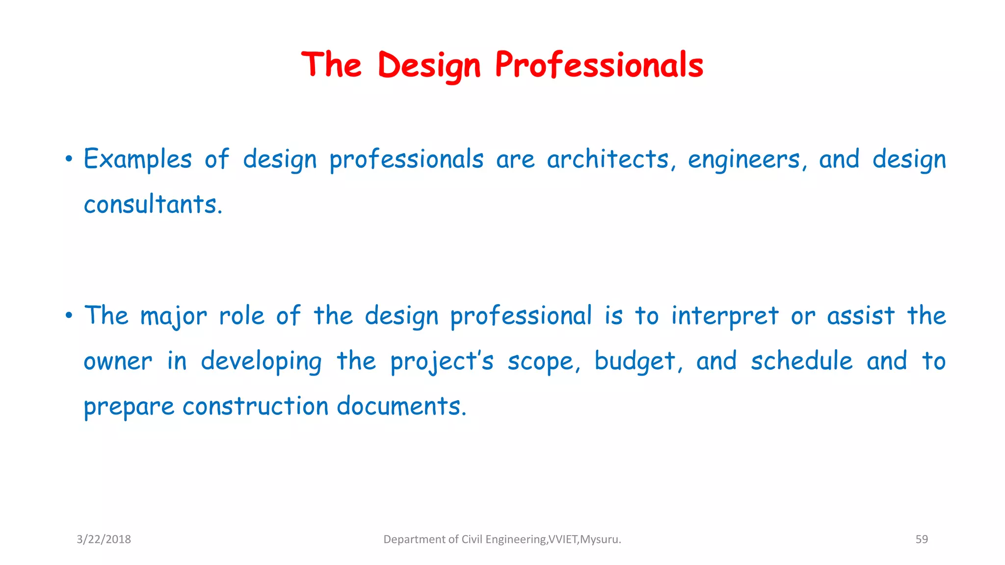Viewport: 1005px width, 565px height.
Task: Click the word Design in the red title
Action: click(x=429, y=65)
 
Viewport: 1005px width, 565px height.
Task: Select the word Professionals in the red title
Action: click(x=599, y=65)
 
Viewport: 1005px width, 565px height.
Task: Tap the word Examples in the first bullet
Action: click(x=137, y=159)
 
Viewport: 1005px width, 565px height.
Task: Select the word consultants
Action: click(x=153, y=205)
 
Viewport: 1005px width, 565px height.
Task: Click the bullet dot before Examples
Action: click(x=69, y=159)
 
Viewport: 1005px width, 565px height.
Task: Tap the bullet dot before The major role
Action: click(x=69, y=315)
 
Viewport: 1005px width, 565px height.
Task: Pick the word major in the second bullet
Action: click(x=174, y=316)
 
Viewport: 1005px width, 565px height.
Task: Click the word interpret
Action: click(x=725, y=316)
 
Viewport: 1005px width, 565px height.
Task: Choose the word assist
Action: click(x=861, y=315)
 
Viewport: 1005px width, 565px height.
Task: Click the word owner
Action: click(x=118, y=362)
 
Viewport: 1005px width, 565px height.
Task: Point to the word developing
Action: click(x=261, y=362)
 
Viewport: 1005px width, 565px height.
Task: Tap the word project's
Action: click(x=442, y=362)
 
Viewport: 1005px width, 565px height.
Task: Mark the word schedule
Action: click(x=802, y=361)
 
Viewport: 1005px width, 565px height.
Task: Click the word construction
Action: click(x=255, y=407)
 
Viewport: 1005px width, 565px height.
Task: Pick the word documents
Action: click(x=401, y=407)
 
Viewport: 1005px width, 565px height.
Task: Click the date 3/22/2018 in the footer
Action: click(x=104, y=539)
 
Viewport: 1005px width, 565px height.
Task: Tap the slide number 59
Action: click(x=922, y=539)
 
